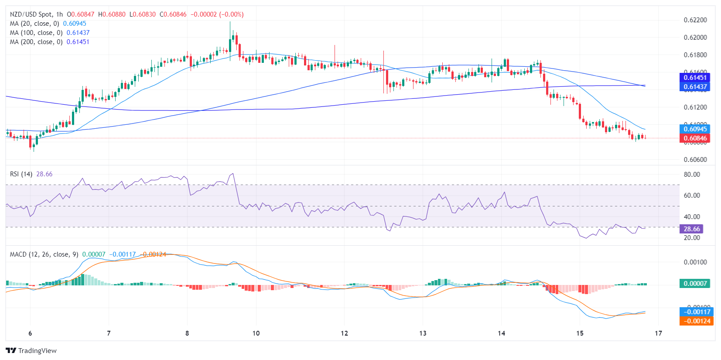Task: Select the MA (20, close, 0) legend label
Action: point(34,24)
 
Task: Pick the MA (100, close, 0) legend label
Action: point(36,33)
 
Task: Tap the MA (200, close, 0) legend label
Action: point(36,42)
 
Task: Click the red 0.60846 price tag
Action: point(695,138)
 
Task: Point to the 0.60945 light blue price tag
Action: point(695,129)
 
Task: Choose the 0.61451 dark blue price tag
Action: point(695,77)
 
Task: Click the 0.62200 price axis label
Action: point(695,20)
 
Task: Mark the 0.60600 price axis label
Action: point(695,160)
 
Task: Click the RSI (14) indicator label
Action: point(21,174)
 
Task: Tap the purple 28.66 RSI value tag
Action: point(691,229)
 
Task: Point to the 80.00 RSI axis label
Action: point(692,175)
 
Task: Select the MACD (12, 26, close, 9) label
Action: point(44,254)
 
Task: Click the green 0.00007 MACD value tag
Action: point(695,283)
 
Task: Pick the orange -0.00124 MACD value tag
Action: point(695,321)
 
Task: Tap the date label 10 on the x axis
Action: point(256,333)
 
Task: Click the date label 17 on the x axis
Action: point(658,333)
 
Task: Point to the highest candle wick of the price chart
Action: point(230,23)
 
